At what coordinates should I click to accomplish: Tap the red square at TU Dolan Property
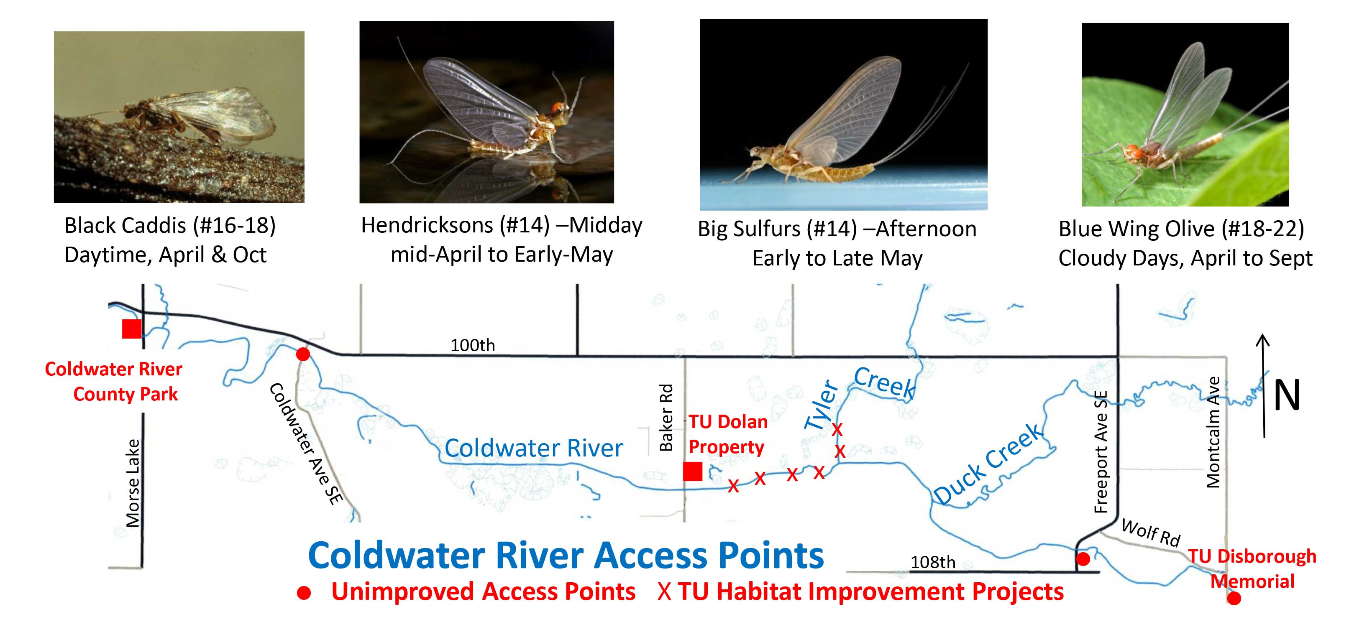tap(692, 472)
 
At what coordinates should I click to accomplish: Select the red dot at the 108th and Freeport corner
tap(1083, 559)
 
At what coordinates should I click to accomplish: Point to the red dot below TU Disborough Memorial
tap(1234, 598)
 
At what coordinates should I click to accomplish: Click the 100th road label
tap(472, 345)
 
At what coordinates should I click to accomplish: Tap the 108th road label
tap(933, 562)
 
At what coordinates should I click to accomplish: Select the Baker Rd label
tap(666, 417)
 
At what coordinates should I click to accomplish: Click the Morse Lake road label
tap(133, 482)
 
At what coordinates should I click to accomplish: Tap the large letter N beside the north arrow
tap(1286, 395)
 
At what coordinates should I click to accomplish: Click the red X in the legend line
tap(664, 592)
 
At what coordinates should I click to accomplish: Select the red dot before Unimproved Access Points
tap(304, 593)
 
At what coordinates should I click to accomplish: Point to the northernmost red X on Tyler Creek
tap(837, 430)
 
